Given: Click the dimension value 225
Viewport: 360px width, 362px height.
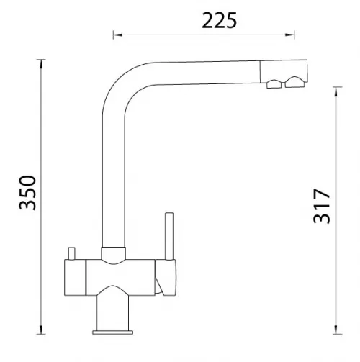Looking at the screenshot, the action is pyautogui.click(x=219, y=21).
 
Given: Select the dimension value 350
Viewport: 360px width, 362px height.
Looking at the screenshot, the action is pyautogui.click(x=27, y=193).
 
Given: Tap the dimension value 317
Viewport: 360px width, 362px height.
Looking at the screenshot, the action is pyautogui.click(x=322, y=207).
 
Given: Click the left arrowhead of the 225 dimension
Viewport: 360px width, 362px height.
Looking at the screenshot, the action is pyautogui.click(x=118, y=35).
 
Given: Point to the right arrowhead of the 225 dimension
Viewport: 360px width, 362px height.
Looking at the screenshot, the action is pyautogui.click(x=289, y=35).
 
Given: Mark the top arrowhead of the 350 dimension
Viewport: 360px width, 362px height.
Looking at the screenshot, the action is pyautogui.click(x=41, y=64).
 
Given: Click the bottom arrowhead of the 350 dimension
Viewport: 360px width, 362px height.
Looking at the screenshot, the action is pyautogui.click(x=41, y=329).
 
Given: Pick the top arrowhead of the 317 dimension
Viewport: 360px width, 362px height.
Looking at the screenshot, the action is pyautogui.click(x=336, y=92).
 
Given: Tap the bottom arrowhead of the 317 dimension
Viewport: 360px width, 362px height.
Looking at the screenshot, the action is pyautogui.click(x=336, y=329).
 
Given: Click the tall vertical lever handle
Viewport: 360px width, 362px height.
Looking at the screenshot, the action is pyautogui.click(x=169, y=236).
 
